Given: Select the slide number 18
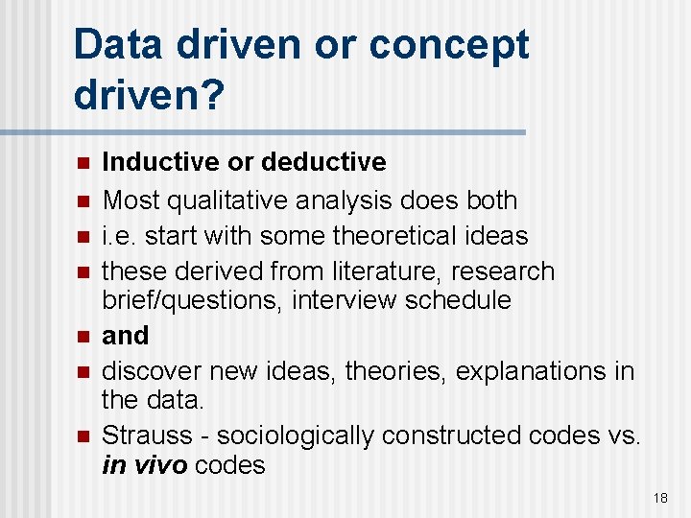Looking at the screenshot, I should pyautogui.click(x=660, y=498).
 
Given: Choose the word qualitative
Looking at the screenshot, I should pyautogui.click(x=230, y=200).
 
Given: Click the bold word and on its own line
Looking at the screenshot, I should pyautogui.click(x=126, y=336).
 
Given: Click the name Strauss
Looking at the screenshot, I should pyautogui.click(x=146, y=436).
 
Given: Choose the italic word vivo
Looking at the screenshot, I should pyautogui.click(x=158, y=465).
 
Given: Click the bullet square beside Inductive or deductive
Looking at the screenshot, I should pyautogui.click(x=83, y=162).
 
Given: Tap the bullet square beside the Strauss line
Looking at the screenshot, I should pyautogui.click(x=83, y=436).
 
